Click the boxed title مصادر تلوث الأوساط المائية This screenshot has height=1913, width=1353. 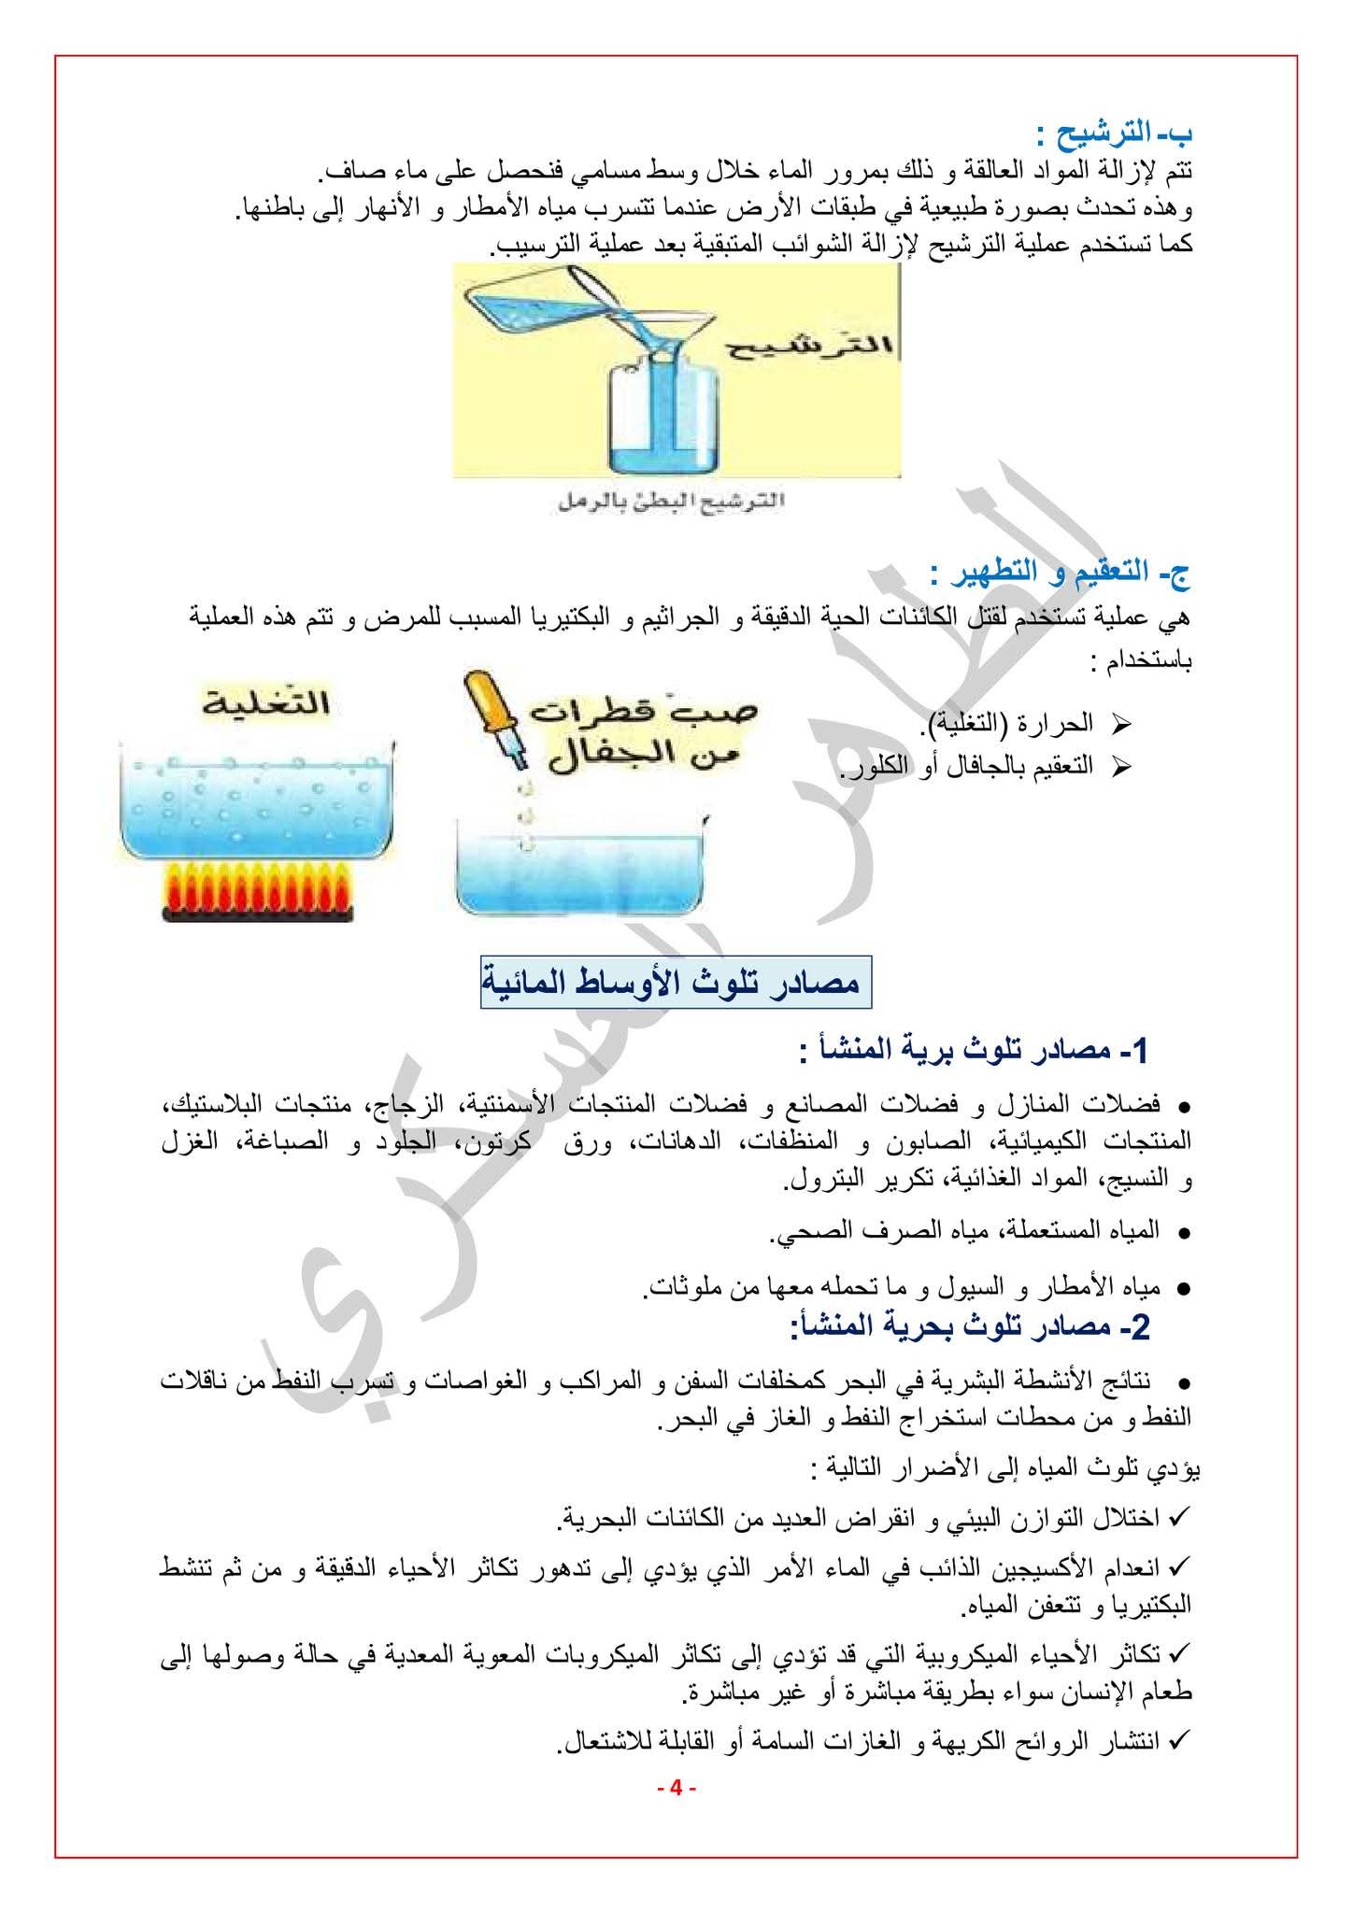pyautogui.click(x=676, y=982)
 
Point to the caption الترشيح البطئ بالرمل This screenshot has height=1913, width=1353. pyautogui.click(x=667, y=503)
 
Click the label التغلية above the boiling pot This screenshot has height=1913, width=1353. pyautogui.click(x=266, y=701)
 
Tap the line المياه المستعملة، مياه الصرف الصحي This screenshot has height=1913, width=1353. pyautogui.click(x=963, y=1230)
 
